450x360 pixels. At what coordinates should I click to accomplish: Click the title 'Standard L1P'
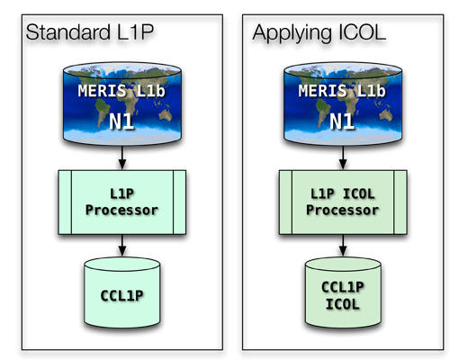coord(90,32)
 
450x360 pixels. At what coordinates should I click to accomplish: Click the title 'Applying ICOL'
coord(319,33)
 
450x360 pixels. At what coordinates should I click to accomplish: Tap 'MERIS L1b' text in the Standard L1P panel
coord(121,91)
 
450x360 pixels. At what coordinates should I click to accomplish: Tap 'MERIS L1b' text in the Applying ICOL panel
coord(342,91)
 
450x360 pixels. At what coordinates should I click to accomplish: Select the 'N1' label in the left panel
coord(121,121)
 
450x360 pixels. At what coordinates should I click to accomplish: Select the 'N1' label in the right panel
coord(342,121)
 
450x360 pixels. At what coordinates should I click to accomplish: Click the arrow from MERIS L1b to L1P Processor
coord(122,158)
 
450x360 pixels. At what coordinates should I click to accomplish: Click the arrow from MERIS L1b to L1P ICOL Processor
coord(343,158)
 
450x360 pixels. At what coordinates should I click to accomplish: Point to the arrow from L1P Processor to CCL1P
coord(122,246)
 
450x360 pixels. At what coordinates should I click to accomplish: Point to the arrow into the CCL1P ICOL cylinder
coord(343,246)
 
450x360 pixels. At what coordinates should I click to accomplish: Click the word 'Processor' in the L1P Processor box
coord(121,210)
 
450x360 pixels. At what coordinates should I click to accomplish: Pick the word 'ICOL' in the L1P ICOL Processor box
coord(358,193)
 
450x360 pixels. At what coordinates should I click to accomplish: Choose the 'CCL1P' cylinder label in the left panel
coord(121,296)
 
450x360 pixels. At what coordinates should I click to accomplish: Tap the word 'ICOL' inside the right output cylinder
coord(343,304)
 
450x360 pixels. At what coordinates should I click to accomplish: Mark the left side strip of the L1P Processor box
coord(65,202)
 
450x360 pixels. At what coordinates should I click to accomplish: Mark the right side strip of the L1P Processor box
coord(179,202)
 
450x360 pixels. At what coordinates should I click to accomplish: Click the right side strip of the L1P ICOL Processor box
coord(400,202)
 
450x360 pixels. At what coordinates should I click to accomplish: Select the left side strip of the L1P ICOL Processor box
coord(285,202)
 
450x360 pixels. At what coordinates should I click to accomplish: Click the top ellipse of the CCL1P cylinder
coord(122,265)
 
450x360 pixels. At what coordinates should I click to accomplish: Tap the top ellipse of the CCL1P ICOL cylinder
coord(343,265)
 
